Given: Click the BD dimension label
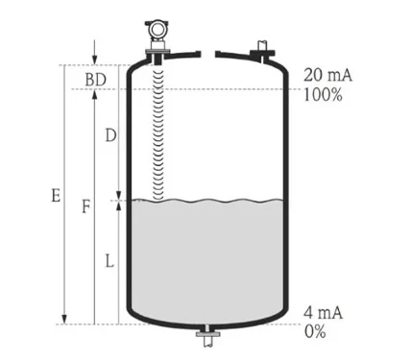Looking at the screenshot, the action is tap(95, 80).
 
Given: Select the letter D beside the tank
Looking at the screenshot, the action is tap(110, 136).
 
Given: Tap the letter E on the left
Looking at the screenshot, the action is tap(56, 196).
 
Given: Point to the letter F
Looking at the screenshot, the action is tap(85, 206).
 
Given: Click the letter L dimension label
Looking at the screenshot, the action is tap(109, 262).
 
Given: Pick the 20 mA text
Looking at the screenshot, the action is tap(327, 75).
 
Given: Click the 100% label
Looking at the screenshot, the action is tap(323, 95).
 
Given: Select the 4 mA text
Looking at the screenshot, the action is tap(323, 312).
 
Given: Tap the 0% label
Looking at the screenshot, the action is tap(315, 331).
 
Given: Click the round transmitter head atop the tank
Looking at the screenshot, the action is tap(157, 30).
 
